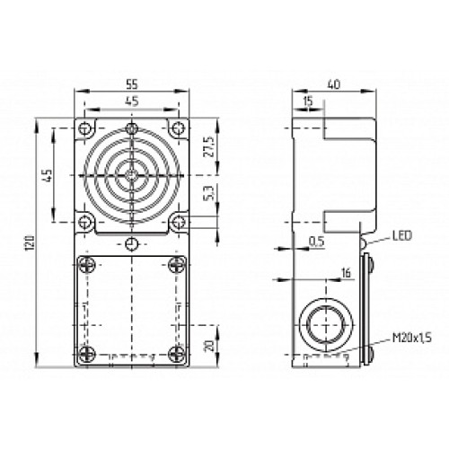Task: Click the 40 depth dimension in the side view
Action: click(x=334, y=84)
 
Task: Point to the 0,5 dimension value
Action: click(x=315, y=240)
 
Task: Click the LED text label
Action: click(x=401, y=237)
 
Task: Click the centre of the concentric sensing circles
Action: click(x=131, y=171)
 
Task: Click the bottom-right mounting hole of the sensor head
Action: click(x=179, y=220)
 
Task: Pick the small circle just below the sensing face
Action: click(x=131, y=244)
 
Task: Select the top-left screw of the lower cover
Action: click(x=85, y=264)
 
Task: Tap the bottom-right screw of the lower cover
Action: click(x=179, y=351)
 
